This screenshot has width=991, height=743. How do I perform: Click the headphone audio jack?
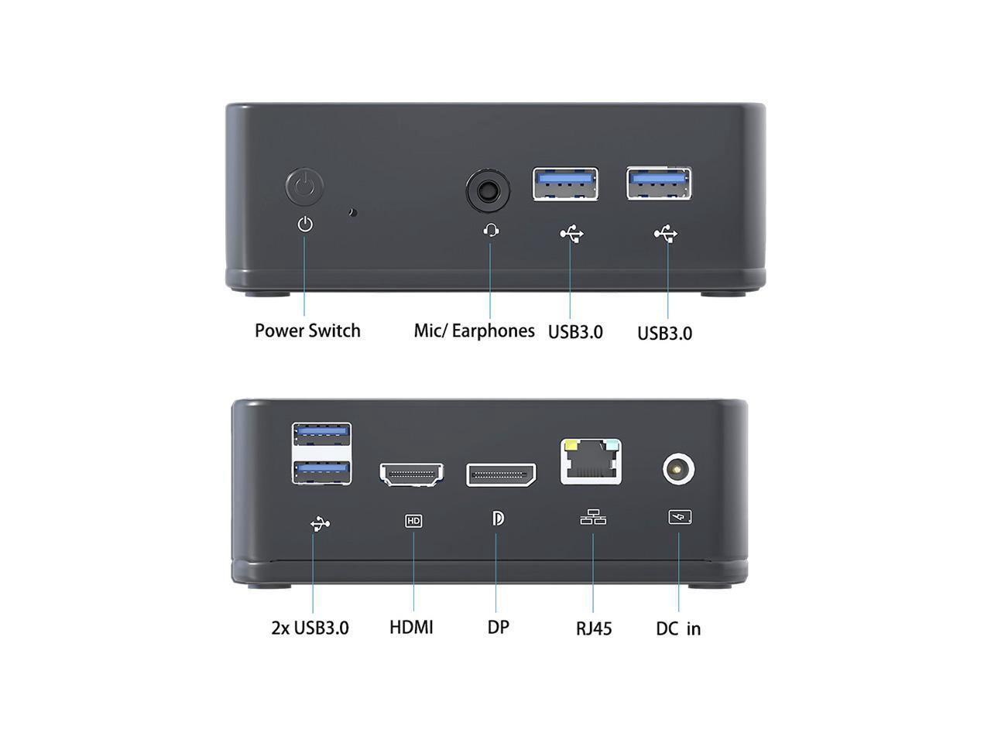489,190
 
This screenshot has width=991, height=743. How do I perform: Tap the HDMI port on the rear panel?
411,474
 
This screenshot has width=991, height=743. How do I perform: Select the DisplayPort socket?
501,474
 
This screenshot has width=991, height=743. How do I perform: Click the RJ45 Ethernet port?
591,462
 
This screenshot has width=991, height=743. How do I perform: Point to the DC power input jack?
678,470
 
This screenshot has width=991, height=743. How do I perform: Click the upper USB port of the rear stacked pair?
321,434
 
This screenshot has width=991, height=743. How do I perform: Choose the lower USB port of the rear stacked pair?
321,471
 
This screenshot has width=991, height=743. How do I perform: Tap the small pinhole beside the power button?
353,211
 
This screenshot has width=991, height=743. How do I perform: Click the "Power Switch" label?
307,330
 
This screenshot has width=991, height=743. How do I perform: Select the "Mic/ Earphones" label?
474,330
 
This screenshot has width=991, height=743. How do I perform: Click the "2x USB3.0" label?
310,627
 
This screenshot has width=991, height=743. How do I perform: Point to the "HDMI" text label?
411,626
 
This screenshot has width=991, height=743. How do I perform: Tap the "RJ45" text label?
594,628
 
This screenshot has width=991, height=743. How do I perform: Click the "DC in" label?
678,628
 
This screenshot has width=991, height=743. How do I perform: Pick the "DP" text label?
498,626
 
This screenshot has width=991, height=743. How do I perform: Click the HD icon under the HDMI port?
413,521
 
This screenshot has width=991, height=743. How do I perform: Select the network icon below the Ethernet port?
593,517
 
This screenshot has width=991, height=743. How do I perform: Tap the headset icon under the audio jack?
490,230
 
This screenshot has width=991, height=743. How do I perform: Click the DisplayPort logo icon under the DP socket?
498,518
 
